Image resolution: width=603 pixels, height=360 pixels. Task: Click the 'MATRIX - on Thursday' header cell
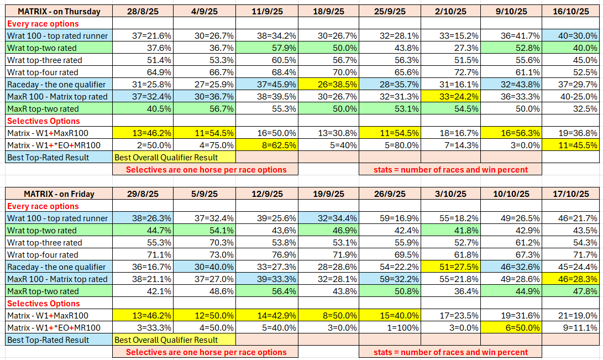(x=59, y=12)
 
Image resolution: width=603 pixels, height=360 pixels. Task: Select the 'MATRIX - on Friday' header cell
(x=59, y=194)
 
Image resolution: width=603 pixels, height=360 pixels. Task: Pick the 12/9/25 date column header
(x=268, y=194)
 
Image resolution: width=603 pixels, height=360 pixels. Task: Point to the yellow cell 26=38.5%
(x=328, y=85)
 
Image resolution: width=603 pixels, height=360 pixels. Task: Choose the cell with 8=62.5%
(x=268, y=145)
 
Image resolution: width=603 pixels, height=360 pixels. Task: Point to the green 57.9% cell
(x=268, y=48)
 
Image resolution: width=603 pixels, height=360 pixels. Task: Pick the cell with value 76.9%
(x=268, y=255)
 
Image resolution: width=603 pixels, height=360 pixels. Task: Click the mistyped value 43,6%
(x=268, y=231)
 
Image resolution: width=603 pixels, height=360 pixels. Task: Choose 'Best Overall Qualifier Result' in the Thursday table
(x=166, y=158)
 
